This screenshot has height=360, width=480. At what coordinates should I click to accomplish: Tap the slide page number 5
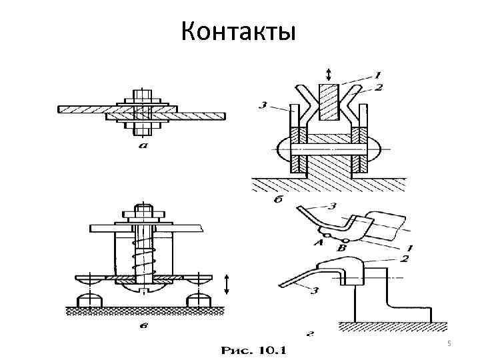point(449,343)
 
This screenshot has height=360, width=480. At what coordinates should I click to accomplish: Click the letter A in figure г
point(317,244)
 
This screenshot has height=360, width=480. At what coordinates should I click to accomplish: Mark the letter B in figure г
point(343,247)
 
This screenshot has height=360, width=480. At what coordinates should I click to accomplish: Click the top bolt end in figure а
point(141,93)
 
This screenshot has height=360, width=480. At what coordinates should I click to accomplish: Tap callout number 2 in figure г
point(405,258)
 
